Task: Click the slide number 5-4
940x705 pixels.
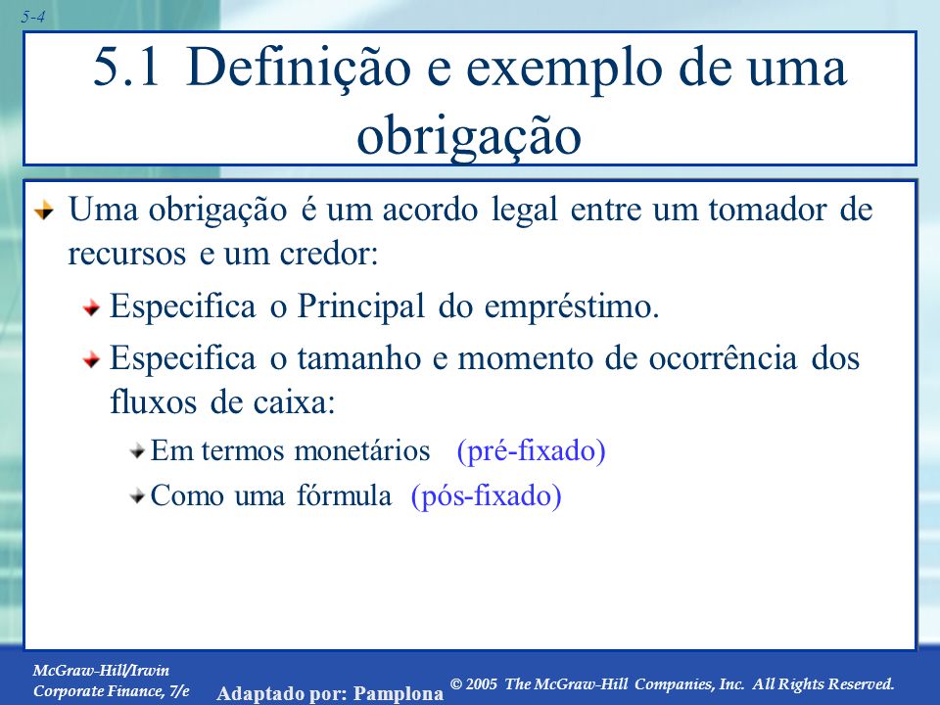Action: click(x=33, y=17)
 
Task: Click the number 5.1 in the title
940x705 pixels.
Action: click(x=126, y=68)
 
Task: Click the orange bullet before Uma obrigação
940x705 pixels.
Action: click(x=44, y=211)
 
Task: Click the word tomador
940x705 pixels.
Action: click(x=767, y=210)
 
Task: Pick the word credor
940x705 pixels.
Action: click(x=329, y=254)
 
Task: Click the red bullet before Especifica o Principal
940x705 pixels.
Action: click(x=92, y=308)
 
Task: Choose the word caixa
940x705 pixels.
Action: click(x=294, y=402)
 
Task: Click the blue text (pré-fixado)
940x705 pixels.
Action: click(x=531, y=451)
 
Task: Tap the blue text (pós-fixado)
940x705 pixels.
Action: click(x=487, y=496)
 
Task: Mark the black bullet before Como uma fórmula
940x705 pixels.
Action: click(x=137, y=496)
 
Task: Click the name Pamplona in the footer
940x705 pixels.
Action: click(x=399, y=693)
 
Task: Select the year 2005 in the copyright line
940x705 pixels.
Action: click(x=481, y=684)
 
